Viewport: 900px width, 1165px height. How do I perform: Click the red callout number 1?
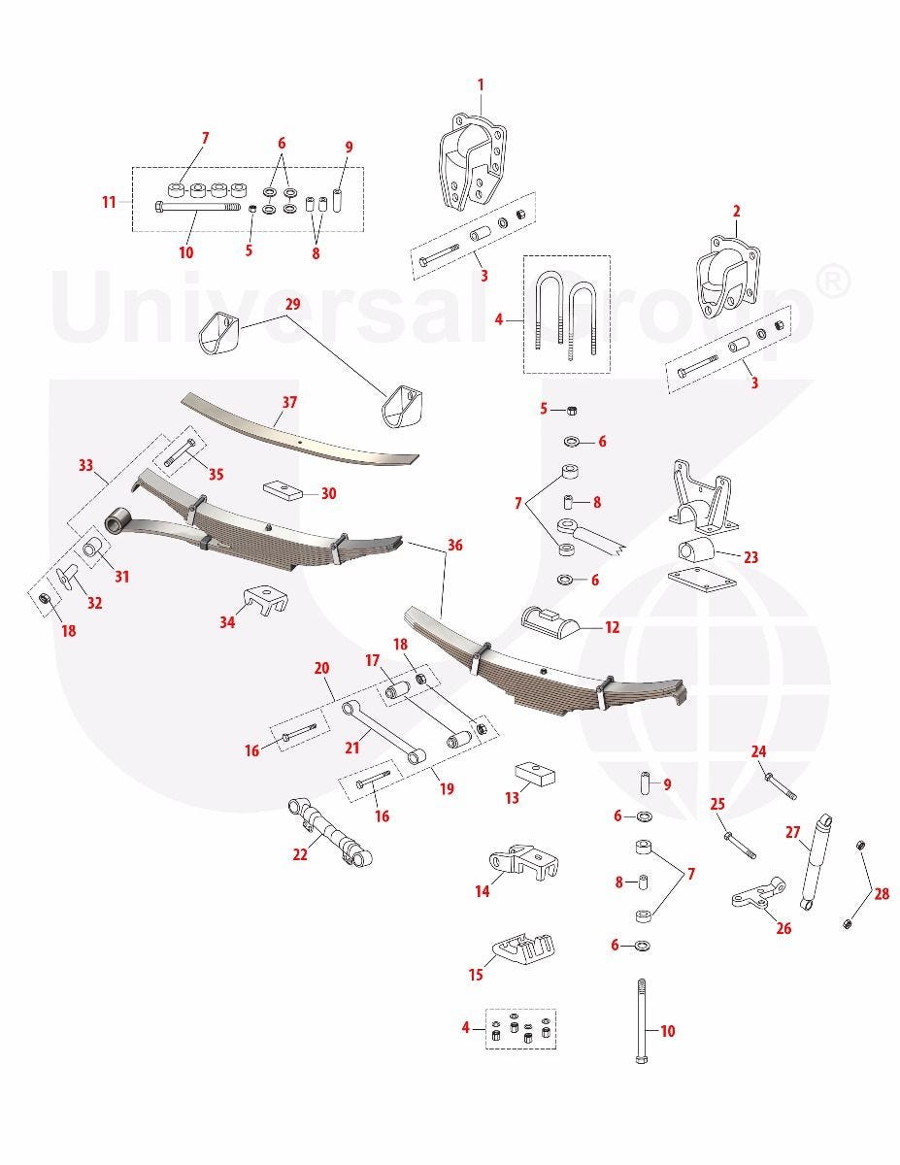pos(481,84)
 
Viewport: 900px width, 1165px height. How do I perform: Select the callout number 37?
pos(289,402)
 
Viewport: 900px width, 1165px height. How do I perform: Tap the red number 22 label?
pos(300,854)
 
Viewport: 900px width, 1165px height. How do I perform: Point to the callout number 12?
pos(613,627)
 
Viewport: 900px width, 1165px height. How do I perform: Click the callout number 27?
pos(793,832)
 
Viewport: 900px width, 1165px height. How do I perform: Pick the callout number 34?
pos(227,622)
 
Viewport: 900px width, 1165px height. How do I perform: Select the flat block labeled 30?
pos(283,490)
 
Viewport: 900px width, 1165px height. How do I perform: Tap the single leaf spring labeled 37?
pos(299,430)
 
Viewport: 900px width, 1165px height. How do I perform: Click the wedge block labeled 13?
pos(534,774)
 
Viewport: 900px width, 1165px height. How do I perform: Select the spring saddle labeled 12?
pos(550,622)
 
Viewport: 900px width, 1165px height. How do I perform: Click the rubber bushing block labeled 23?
pos(696,549)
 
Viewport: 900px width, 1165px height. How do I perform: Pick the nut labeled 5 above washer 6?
pos(572,411)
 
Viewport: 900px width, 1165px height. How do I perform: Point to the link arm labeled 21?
pos(383,732)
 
